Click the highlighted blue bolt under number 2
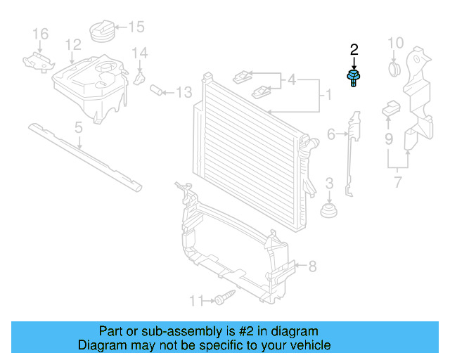[351, 77]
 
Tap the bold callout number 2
[354, 49]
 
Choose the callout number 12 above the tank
[73, 46]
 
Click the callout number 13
[184, 92]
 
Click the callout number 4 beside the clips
[291, 80]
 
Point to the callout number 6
[331, 133]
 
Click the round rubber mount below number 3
[328, 211]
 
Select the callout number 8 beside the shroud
[313, 266]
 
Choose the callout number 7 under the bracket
[397, 184]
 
